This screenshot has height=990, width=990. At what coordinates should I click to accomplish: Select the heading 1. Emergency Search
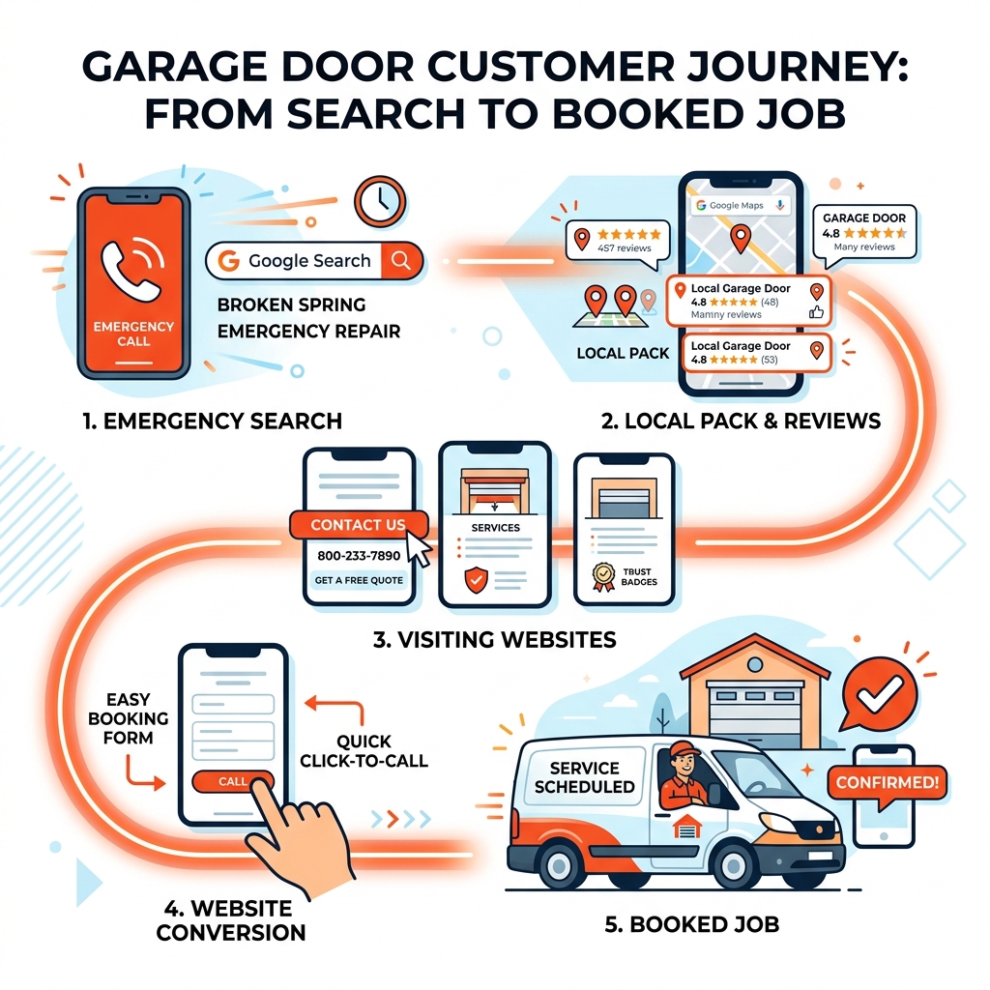pos(212,421)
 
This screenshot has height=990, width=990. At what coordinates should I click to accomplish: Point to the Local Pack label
pos(623,353)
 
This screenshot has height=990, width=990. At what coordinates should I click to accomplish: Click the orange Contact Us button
pos(358,525)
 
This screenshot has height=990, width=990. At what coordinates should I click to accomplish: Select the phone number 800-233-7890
pos(358,557)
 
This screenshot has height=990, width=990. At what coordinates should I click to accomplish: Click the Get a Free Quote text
pos(358,581)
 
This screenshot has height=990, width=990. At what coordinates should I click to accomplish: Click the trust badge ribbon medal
pos(604,576)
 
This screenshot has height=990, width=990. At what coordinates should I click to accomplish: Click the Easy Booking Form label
pos(128,718)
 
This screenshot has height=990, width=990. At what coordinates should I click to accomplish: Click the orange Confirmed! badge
pos(887,782)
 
